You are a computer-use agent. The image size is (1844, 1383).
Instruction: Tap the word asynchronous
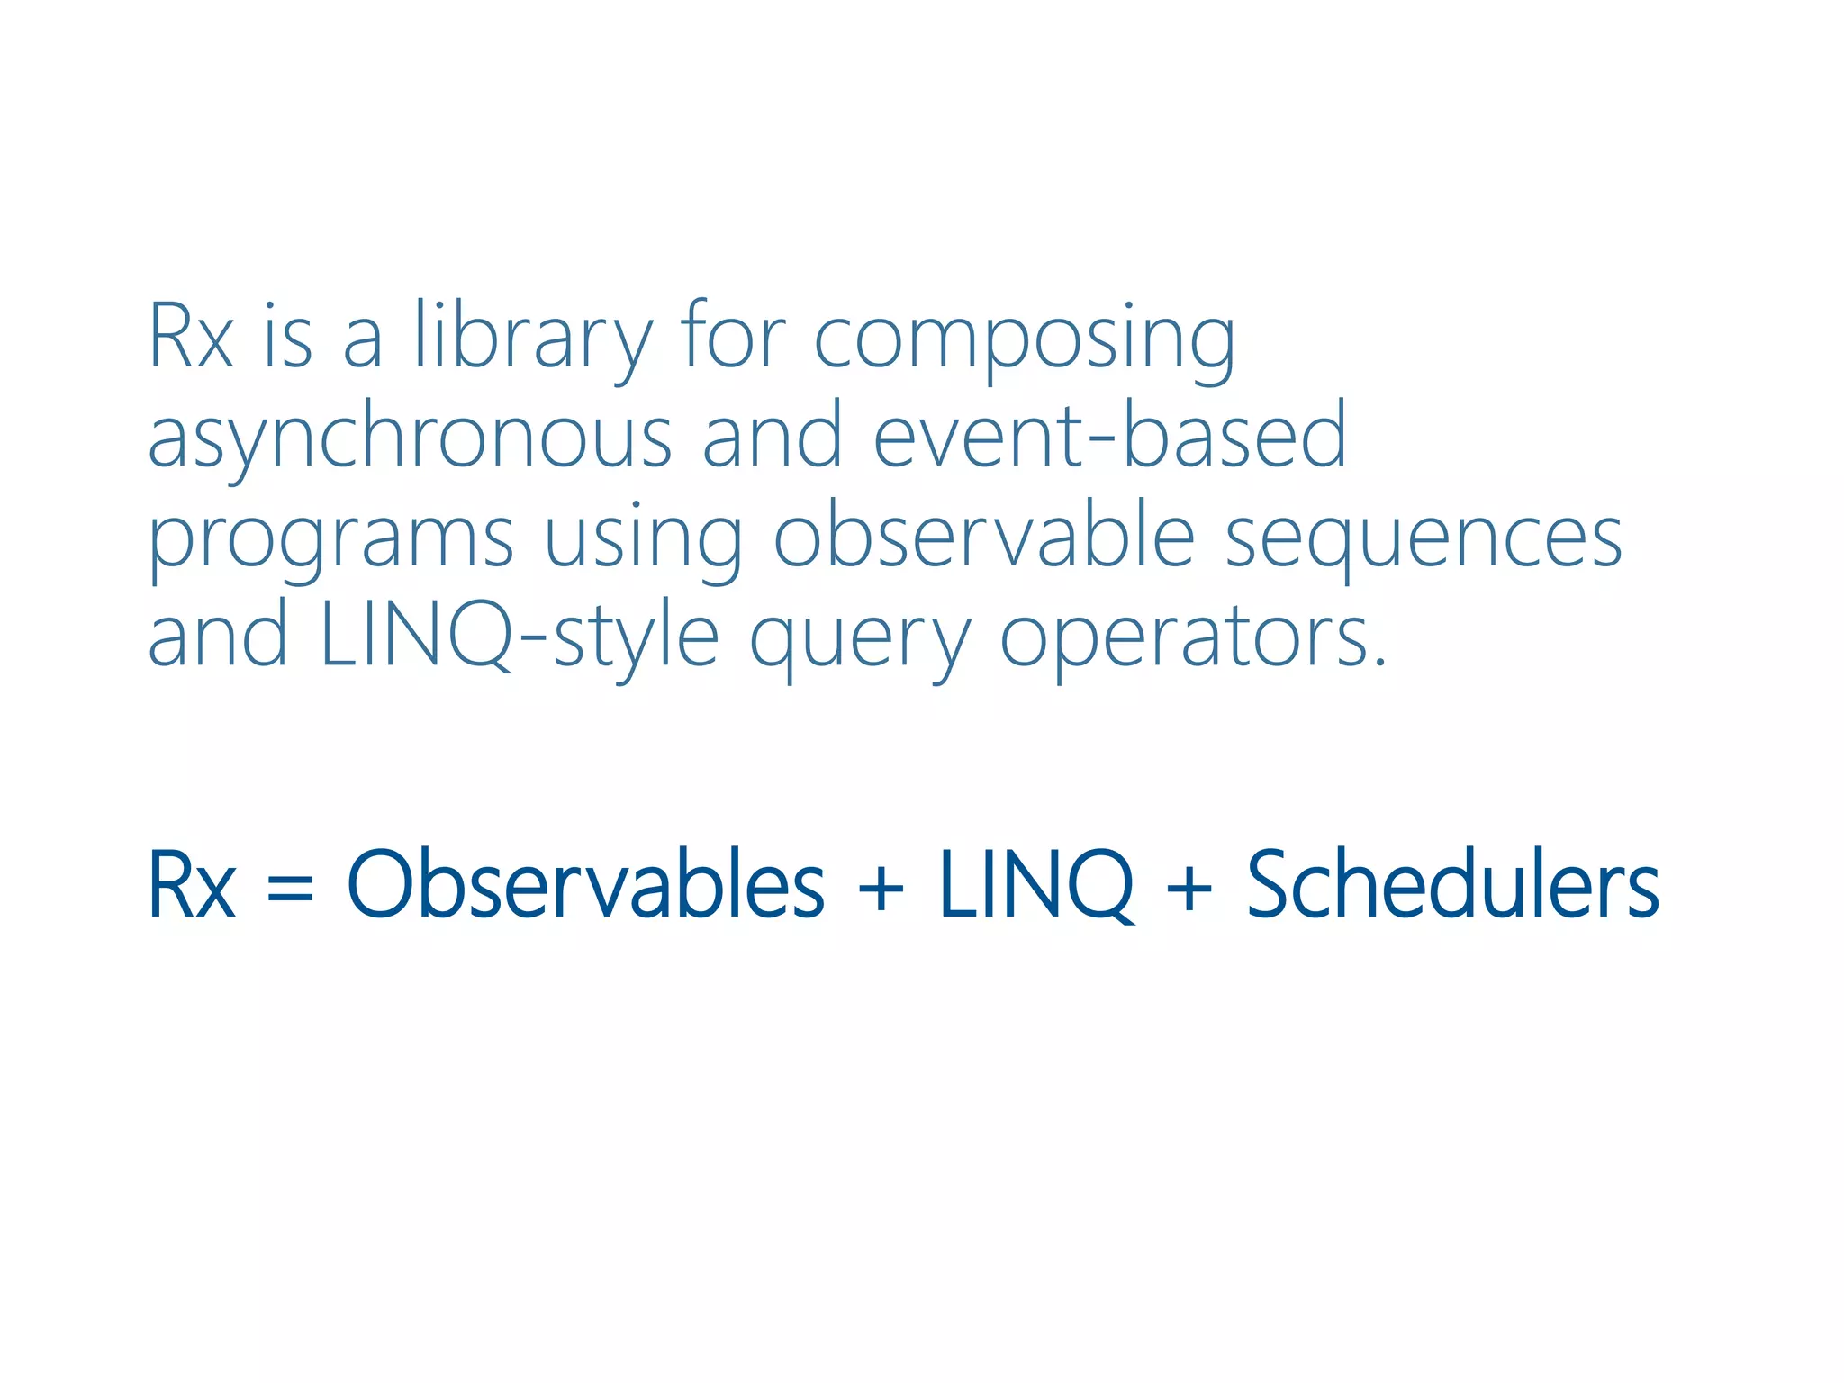410,438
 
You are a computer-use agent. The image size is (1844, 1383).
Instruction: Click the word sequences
1424,538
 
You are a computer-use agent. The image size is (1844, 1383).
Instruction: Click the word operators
1193,638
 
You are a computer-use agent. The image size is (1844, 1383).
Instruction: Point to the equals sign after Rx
290,887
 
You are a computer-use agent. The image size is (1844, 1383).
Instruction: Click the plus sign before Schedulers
1189,887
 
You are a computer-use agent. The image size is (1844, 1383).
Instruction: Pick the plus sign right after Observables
881,887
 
